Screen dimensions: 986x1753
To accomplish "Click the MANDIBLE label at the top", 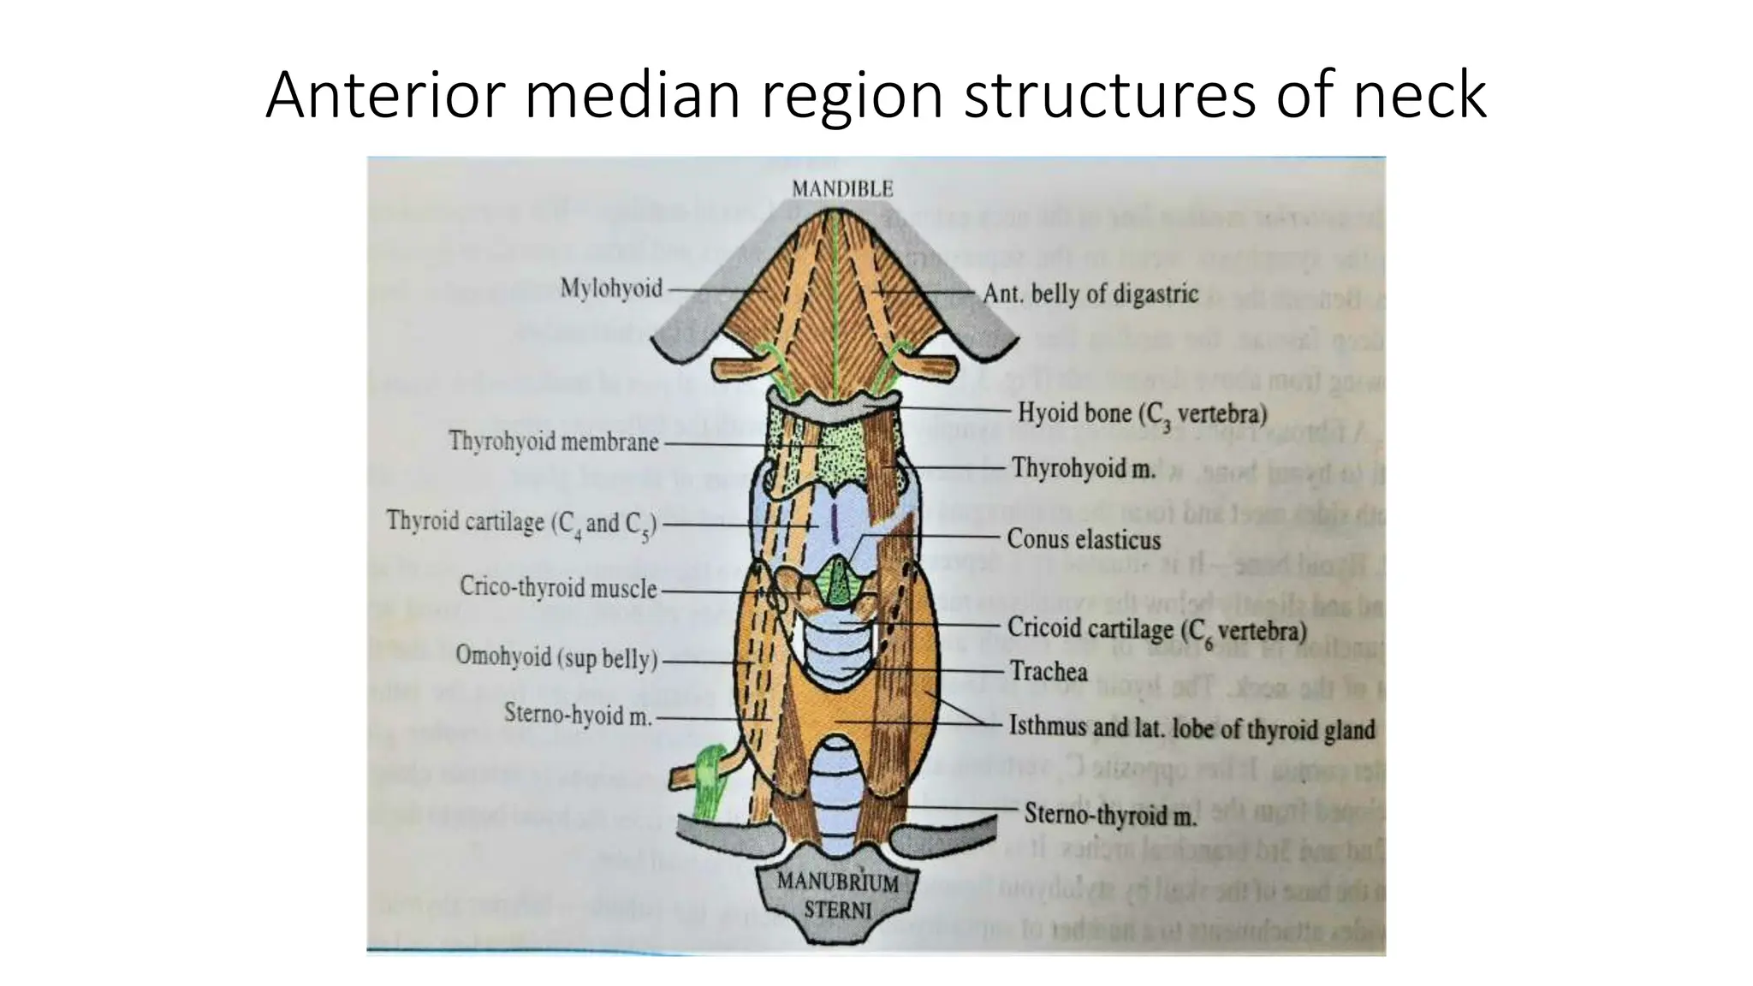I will [842, 189].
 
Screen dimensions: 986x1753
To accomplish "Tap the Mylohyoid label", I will [611, 288].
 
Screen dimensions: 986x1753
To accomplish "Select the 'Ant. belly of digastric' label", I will [1090, 294].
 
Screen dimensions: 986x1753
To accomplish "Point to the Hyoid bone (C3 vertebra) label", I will [1142, 413].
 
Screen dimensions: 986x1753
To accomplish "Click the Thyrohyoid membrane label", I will [554, 442].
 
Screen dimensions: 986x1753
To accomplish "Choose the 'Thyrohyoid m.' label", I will [1084, 468].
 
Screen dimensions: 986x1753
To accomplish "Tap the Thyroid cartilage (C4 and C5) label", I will [521, 523].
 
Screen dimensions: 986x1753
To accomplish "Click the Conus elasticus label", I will [1084, 539].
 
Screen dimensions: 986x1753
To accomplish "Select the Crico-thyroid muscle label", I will [558, 587].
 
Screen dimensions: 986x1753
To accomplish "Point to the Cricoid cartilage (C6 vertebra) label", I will [1156, 630].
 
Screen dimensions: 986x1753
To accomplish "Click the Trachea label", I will [1049, 671].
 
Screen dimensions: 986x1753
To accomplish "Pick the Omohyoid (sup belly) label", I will [556, 657].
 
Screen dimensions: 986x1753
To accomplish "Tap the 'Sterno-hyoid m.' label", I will [578, 714].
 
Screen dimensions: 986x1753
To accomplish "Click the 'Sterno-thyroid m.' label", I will [1110, 814].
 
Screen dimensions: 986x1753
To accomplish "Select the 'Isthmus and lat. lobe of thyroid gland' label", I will [1191, 728].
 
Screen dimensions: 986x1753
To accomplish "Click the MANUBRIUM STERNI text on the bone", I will [838, 895].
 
